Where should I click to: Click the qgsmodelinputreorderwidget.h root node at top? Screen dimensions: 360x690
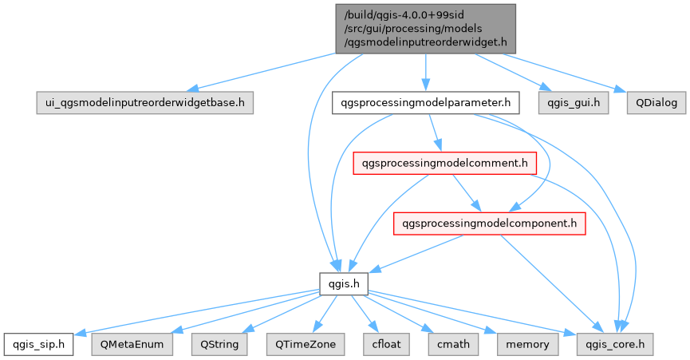coord(427,29)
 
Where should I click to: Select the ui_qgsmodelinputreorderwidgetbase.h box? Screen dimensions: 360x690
coord(145,103)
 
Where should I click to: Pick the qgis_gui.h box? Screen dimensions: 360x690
coord(562,103)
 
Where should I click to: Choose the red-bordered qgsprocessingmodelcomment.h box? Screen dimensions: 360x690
coord(445,164)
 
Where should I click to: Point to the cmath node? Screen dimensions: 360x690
coord(454,344)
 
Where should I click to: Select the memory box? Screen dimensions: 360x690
coord(527,344)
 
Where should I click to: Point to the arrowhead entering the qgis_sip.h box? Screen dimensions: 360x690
coord(79,334)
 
